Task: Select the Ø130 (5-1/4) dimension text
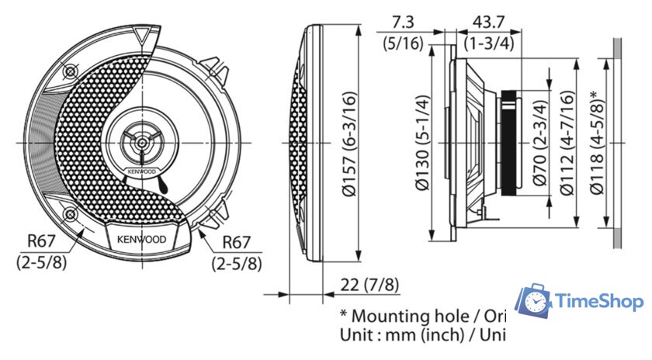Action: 422,143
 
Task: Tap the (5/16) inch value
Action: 403,43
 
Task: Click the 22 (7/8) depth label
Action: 369,286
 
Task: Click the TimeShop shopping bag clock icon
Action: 535,301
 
